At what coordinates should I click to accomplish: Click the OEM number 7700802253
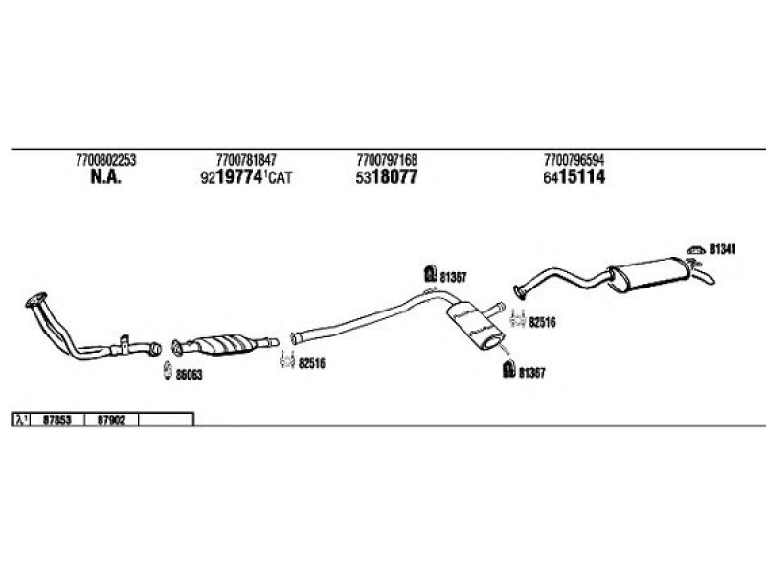[105, 160]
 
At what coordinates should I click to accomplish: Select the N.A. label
[105, 177]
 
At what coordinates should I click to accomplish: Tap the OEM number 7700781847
[246, 160]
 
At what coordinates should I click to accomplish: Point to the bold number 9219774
[232, 177]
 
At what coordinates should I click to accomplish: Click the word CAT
[281, 177]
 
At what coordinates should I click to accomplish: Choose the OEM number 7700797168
[387, 160]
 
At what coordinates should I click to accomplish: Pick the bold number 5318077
[387, 177]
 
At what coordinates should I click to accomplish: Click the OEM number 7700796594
[574, 160]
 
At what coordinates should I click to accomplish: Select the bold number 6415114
[574, 177]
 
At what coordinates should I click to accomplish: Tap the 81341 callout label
[723, 249]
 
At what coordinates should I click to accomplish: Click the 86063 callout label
[189, 375]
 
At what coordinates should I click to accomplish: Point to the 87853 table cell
[57, 420]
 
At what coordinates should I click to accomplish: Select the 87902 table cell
[111, 420]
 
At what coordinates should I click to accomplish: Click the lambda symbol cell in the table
[21, 420]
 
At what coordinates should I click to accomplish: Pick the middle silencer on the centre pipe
[476, 326]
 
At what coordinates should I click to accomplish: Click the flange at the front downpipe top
[36, 300]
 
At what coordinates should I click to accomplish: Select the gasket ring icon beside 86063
[168, 370]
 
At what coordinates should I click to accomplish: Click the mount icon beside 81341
[696, 250]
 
